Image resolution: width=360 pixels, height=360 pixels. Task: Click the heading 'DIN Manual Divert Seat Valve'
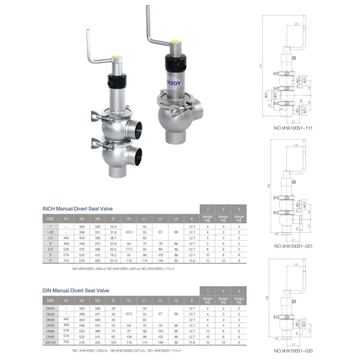coord(76,290)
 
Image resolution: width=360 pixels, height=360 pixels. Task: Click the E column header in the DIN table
coord(191,300)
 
